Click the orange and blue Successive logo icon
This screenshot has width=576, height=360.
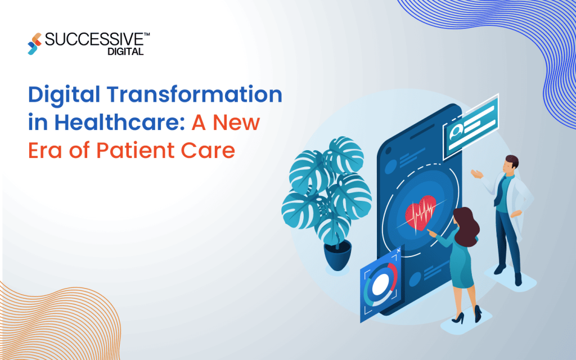(34, 44)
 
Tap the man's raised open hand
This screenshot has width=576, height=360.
(478, 174)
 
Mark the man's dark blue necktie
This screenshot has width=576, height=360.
(499, 188)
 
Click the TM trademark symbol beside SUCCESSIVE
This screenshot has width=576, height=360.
(146, 35)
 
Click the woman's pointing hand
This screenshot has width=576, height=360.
(431, 231)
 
